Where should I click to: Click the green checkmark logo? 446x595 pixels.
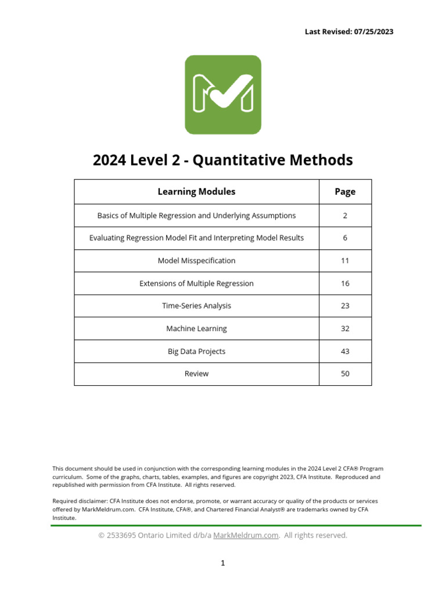222,94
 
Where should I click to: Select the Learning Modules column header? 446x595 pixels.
196,192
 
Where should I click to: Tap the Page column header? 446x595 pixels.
345,192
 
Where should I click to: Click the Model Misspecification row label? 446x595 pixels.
196,261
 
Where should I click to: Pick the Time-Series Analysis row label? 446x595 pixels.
196,306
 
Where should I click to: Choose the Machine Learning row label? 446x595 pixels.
196,328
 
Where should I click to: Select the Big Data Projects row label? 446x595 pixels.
196,351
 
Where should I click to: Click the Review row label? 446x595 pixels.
196,374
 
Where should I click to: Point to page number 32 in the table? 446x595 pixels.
345,328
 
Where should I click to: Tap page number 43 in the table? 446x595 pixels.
345,351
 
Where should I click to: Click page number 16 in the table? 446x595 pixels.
345,284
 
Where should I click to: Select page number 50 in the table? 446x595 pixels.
345,374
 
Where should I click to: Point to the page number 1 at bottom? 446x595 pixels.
222,563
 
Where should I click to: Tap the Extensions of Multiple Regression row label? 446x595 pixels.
196,284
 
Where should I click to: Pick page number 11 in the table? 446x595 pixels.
345,261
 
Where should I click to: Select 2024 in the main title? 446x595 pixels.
109,160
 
